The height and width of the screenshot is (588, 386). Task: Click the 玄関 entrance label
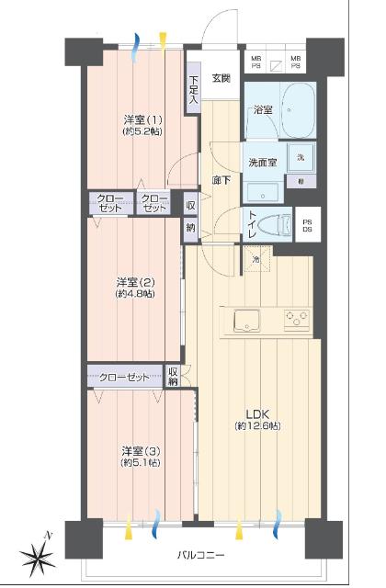point(221,78)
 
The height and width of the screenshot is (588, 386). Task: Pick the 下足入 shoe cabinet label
point(193,93)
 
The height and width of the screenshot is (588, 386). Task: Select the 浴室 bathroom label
point(263,109)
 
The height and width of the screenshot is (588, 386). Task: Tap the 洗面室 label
point(263,163)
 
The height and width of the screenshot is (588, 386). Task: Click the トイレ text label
point(252,223)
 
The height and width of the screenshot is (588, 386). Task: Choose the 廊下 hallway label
point(221,180)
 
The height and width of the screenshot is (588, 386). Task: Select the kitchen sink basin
point(246,321)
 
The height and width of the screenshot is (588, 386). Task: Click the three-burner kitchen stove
point(296,320)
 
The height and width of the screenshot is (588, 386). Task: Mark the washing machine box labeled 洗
point(301,156)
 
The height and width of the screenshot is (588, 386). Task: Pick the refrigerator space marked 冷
point(256,260)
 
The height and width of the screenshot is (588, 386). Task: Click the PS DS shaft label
point(309,224)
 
